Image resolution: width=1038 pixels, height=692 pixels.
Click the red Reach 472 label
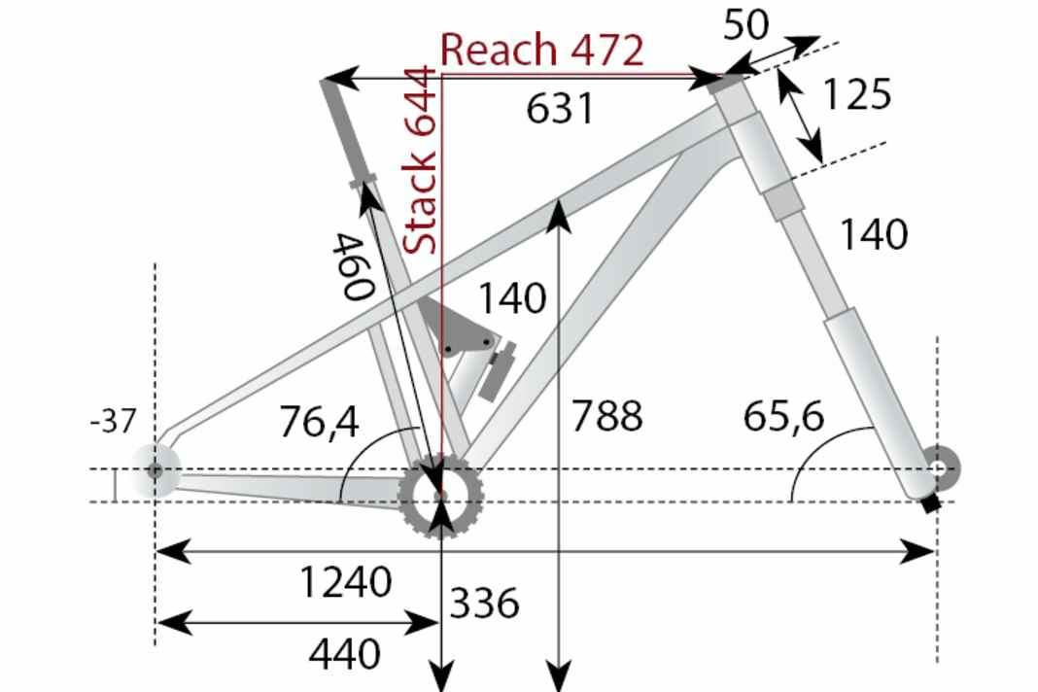click(541, 50)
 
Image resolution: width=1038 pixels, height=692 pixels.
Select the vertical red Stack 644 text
click(422, 160)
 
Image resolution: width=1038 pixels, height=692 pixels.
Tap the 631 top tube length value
click(559, 109)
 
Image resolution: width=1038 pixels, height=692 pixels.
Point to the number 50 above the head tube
click(746, 26)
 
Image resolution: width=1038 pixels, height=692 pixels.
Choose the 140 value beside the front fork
click(873, 235)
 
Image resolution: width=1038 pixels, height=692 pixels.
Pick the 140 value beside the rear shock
click(511, 298)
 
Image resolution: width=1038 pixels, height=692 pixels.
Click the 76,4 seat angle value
click(319, 422)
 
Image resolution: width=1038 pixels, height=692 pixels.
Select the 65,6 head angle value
click(783, 416)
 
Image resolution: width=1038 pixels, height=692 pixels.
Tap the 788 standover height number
click(606, 416)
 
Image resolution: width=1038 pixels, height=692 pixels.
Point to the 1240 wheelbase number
click(346, 583)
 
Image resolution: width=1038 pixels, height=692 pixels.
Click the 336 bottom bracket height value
click(484, 605)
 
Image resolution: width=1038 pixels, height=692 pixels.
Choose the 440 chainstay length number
click(344, 655)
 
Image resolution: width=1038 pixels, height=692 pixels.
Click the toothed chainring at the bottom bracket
click(442, 496)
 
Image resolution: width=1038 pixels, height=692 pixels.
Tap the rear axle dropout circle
click(155, 469)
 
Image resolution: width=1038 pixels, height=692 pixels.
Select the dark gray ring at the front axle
click(940, 468)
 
